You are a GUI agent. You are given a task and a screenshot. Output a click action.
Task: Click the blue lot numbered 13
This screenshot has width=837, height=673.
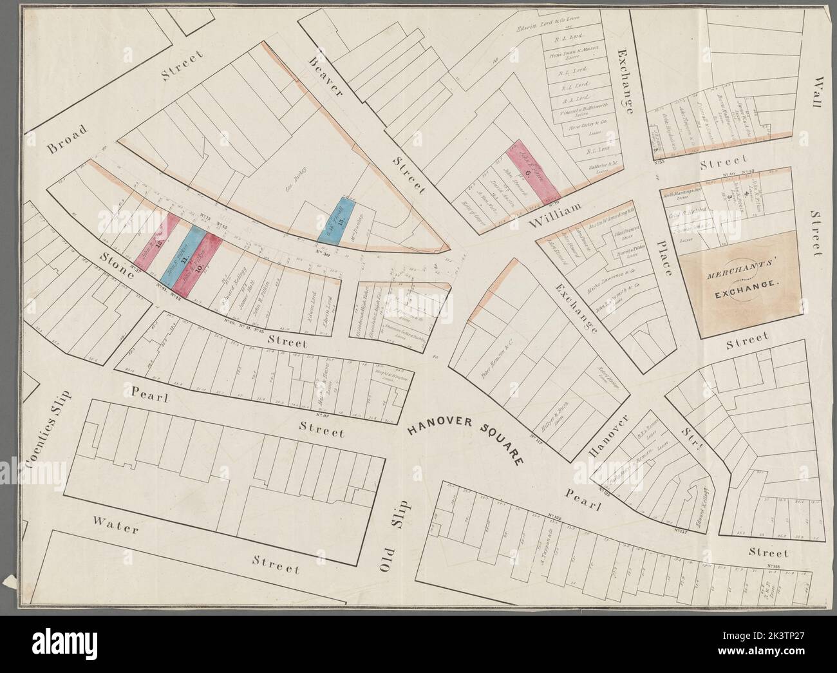click(337, 220)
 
